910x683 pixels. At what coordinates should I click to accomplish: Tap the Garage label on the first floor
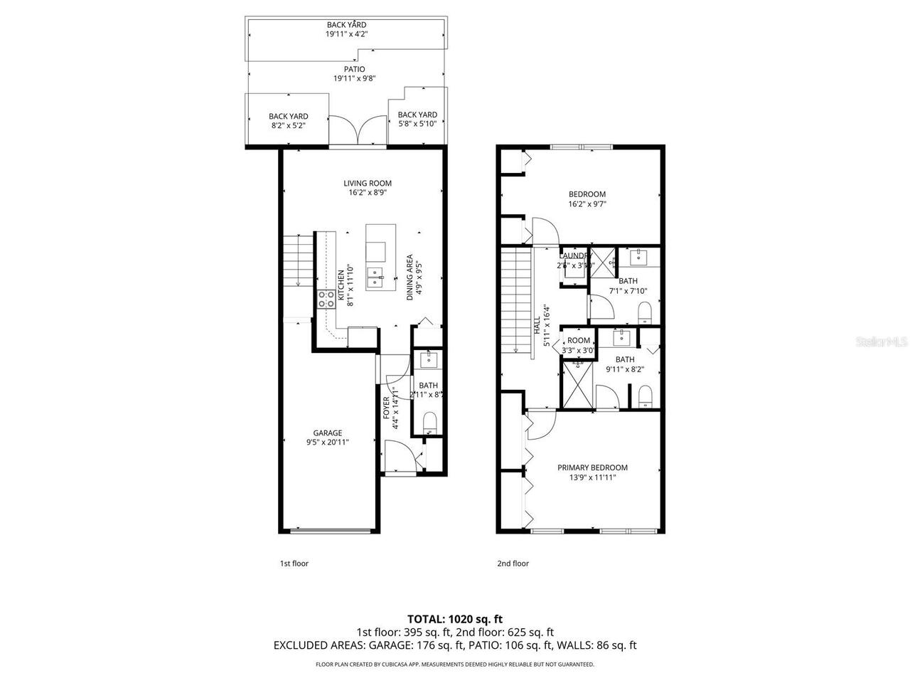pos(328,433)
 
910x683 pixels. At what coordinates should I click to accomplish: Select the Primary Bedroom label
pos(592,467)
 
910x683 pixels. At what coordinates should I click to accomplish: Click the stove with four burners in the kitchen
pos(326,300)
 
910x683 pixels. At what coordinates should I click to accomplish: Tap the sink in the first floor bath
pos(429,360)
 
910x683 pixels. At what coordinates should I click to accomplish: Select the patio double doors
pos(359,130)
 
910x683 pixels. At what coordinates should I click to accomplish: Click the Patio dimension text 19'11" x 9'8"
pos(350,78)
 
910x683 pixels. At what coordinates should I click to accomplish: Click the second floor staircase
pos(515,299)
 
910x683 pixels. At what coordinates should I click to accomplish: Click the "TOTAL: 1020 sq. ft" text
pos(454,618)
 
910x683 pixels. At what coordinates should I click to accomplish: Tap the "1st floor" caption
pos(294,563)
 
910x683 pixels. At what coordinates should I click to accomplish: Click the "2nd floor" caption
pos(513,563)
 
